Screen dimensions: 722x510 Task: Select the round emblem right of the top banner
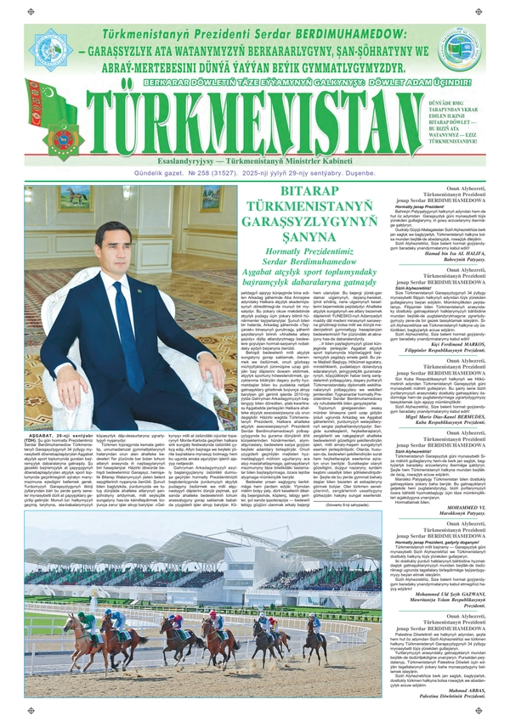tap(456, 50)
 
